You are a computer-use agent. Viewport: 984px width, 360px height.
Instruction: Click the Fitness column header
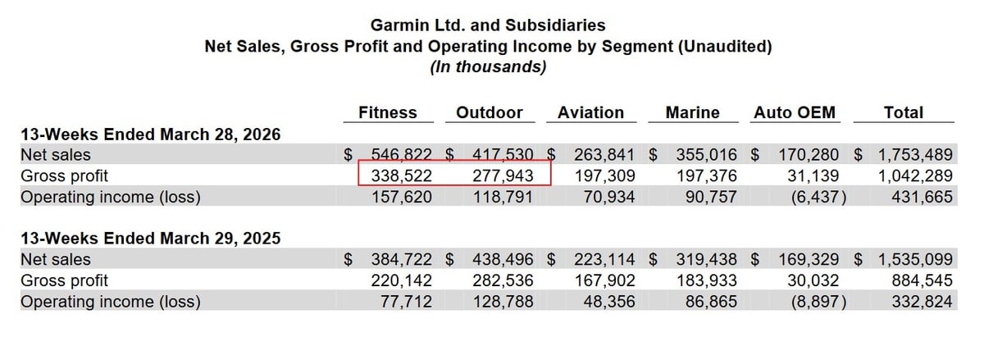[388, 113]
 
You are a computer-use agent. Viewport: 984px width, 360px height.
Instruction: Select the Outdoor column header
[490, 113]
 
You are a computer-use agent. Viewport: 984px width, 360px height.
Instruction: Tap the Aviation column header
[590, 113]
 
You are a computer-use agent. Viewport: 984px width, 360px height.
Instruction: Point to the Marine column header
[693, 113]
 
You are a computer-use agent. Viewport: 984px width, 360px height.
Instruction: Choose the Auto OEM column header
[794, 113]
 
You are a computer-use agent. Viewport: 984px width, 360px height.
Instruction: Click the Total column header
[904, 113]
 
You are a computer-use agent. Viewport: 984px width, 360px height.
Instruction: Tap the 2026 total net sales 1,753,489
[913, 154]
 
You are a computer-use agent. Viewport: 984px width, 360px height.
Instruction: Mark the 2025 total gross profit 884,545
[923, 280]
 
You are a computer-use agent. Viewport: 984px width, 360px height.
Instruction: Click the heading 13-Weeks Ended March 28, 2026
[151, 134]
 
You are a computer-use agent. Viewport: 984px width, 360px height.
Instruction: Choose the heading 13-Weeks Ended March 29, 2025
[151, 239]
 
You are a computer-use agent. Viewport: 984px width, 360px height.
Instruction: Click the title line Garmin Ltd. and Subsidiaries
[488, 26]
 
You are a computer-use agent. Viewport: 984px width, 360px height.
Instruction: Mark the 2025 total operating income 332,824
[923, 302]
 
